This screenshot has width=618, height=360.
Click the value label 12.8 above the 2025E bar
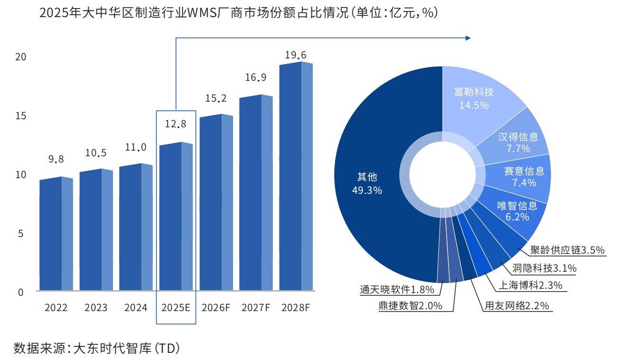(176, 124)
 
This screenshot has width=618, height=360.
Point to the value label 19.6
(296, 55)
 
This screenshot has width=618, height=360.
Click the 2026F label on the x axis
(216, 307)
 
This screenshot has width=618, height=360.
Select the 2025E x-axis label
(176, 307)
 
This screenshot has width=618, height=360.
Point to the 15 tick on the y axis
(21, 116)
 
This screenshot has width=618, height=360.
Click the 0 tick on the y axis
(21, 293)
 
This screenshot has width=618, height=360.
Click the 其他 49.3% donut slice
(370, 183)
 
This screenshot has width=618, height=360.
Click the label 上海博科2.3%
(530, 285)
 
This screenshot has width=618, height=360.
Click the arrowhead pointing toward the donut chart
(468, 38)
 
